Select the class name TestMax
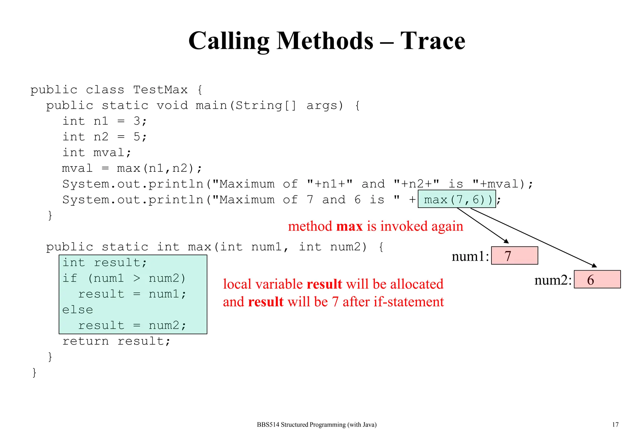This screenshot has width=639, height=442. click(160, 90)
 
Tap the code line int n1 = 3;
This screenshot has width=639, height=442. click(104, 121)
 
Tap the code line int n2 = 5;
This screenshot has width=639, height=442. click(104, 137)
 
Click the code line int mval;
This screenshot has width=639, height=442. click(97, 153)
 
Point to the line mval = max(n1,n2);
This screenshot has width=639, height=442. click(132, 168)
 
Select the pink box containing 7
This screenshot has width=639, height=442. click(514, 256)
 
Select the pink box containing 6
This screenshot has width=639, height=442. click(597, 279)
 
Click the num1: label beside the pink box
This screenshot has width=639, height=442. click(470, 256)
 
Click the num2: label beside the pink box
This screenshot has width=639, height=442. click(553, 280)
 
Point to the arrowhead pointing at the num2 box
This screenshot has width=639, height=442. click(594, 266)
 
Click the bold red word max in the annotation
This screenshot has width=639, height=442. click(349, 226)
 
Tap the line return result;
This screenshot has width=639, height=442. click(116, 341)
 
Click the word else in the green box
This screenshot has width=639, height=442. click(77, 310)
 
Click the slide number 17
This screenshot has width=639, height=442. click(615, 425)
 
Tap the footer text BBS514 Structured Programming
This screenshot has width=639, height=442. click(316, 425)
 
